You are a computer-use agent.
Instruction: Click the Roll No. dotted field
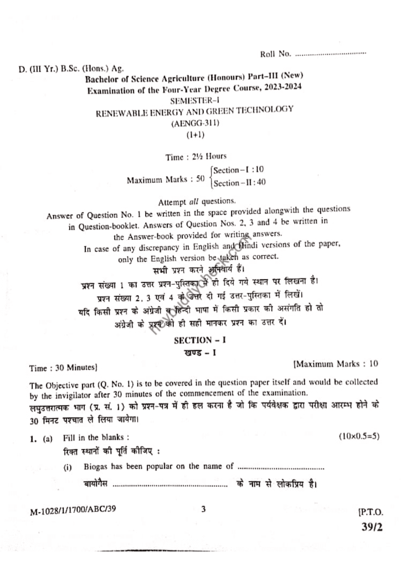point(331,54)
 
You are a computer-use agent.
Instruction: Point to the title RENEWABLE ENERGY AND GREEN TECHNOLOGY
point(194,111)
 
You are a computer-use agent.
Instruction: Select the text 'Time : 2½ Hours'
point(196,157)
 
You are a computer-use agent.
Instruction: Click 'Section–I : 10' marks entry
point(239,170)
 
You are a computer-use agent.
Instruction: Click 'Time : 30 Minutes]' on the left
point(64,367)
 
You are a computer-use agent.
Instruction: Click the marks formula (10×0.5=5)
point(359,436)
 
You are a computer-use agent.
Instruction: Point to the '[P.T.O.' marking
point(371,512)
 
